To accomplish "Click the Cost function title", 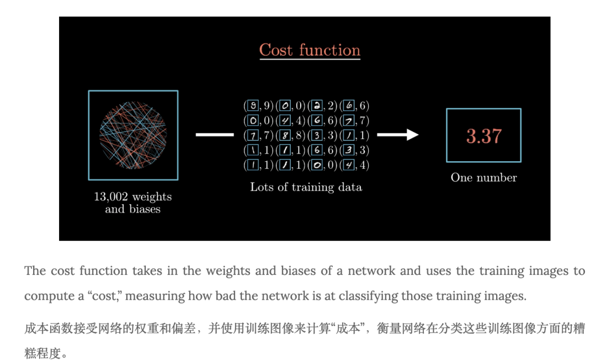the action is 310,50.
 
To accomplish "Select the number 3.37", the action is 483,136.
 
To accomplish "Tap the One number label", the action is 483,178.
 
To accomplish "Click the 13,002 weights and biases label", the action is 132,203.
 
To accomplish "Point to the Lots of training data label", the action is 306,187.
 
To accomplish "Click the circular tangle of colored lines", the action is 133,135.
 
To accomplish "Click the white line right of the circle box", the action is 215,134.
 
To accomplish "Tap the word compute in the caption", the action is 47,296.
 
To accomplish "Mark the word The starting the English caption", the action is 35,271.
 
